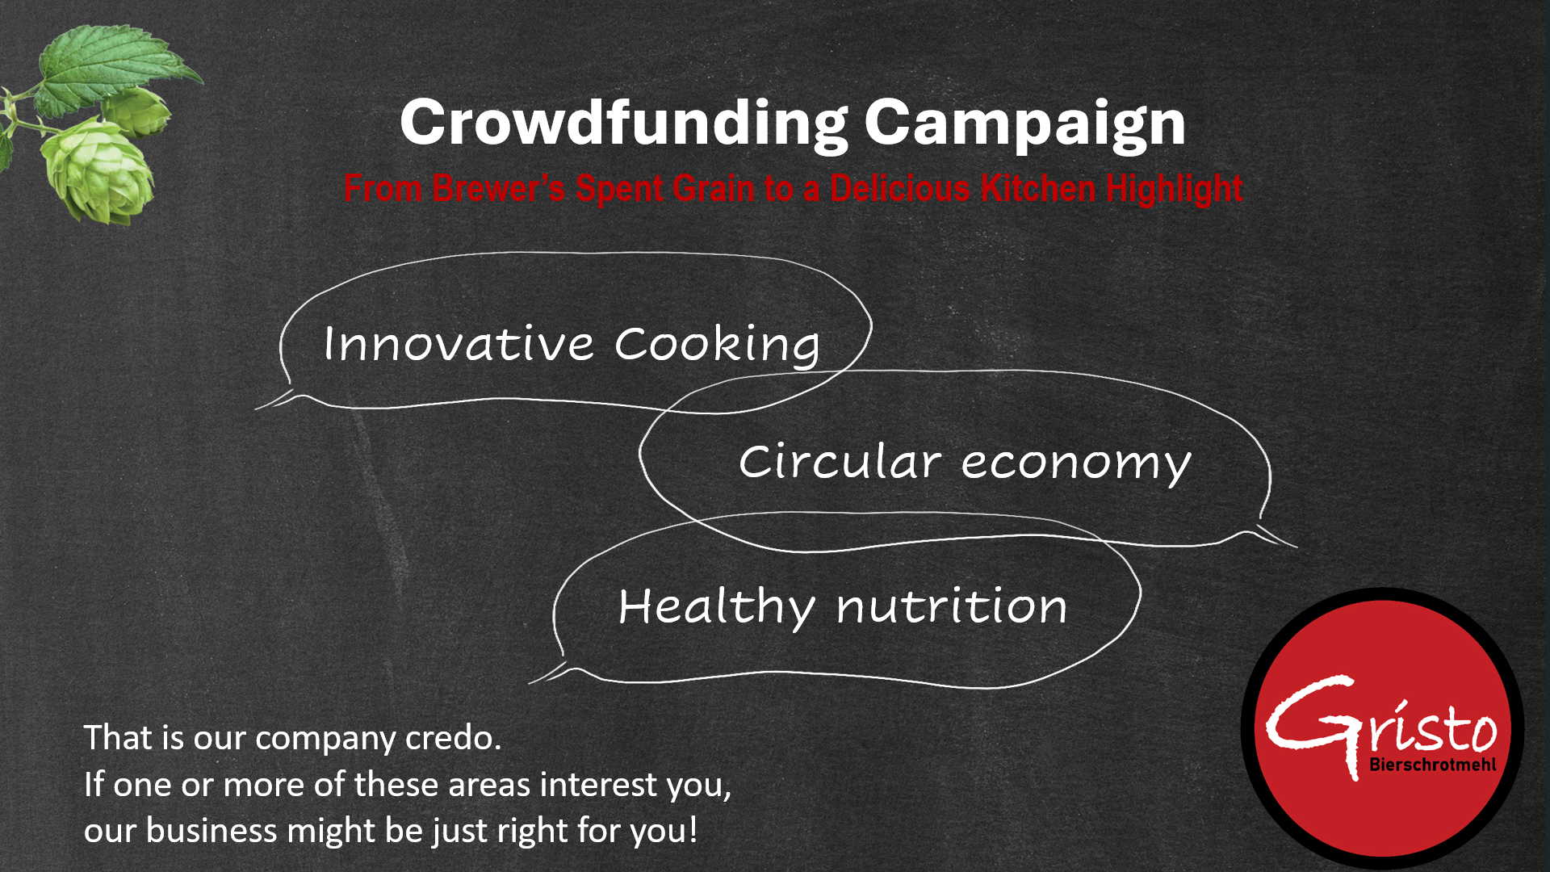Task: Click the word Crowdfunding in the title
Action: [624, 123]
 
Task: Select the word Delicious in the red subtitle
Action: [900, 188]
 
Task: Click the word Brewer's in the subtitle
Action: [499, 188]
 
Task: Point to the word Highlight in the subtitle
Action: [1174, 189]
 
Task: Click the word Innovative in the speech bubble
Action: [459, 344]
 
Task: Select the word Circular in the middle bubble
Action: [840, 462]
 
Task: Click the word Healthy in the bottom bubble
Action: [716, 607]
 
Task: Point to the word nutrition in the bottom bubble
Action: [952, 607]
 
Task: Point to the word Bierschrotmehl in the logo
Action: [1432, 765]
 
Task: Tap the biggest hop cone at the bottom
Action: [97, 171]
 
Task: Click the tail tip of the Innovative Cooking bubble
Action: [256, 409]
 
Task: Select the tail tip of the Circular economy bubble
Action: [1297, 547]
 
